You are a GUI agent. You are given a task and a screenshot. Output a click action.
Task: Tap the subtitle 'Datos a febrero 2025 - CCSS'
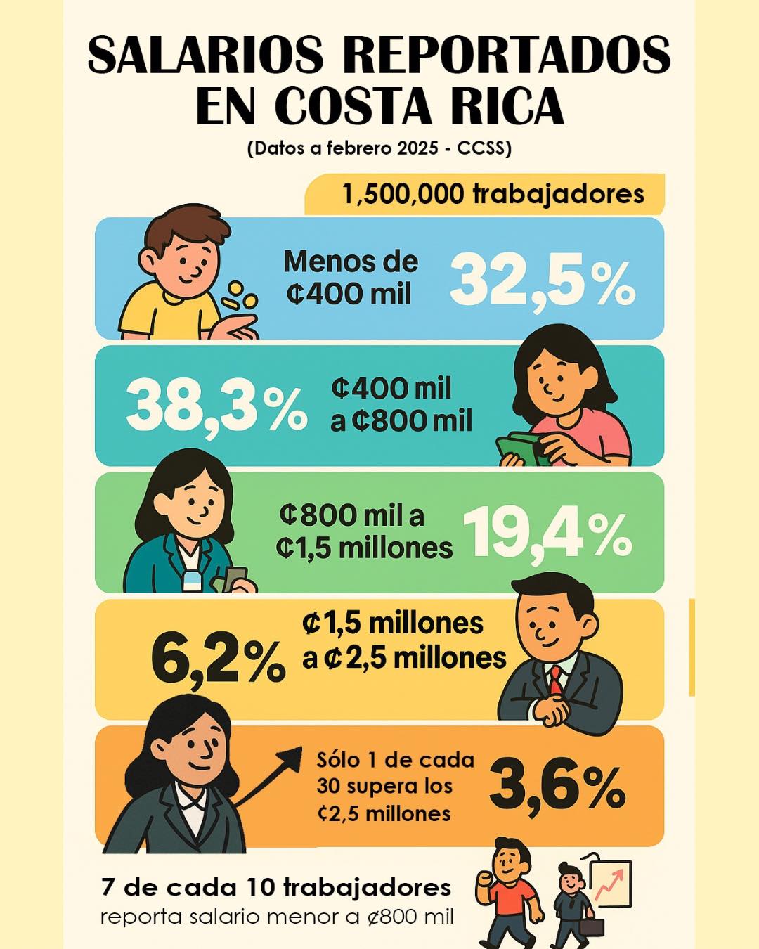point(379,148)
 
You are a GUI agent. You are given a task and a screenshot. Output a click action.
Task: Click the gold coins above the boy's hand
point(239,297)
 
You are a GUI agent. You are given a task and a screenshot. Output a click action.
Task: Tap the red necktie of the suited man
point(556,680)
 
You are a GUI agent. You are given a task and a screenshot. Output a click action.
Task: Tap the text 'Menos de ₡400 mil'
point(350,278)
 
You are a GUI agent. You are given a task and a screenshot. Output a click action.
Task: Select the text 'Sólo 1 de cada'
point(395,760)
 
